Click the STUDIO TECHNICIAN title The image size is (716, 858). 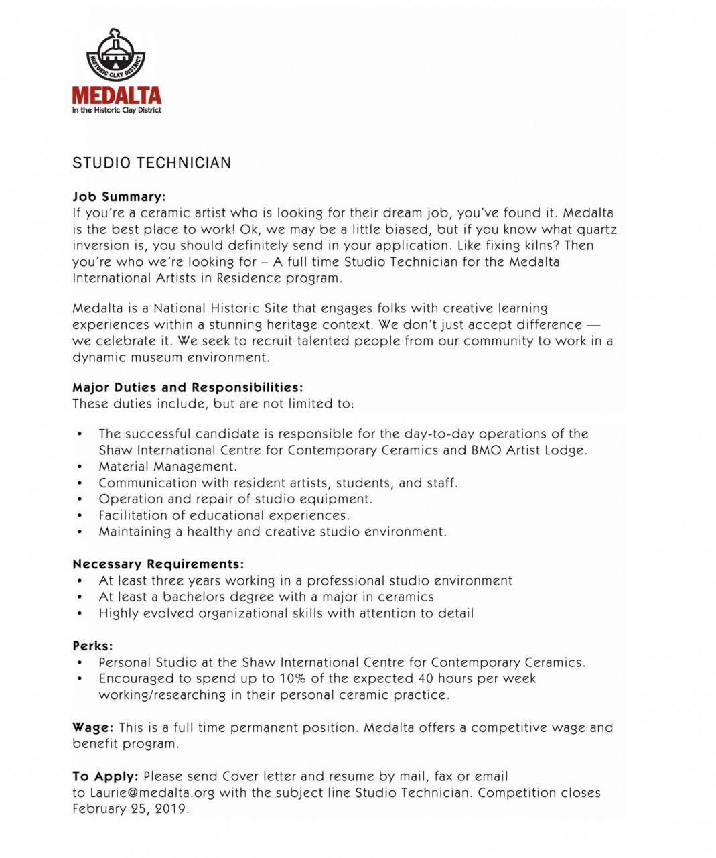point(151,163)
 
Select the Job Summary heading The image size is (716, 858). point(119,197)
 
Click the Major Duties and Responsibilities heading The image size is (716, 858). point(188,387)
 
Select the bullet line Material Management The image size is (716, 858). point(167,467)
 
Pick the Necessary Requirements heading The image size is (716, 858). point(158,564)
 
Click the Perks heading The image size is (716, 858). point(92,646)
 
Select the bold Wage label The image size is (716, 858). point(92,727)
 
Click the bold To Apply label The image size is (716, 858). point(105,776)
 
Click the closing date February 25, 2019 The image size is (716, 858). point(131,809)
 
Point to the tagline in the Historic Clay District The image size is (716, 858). point(117,110)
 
